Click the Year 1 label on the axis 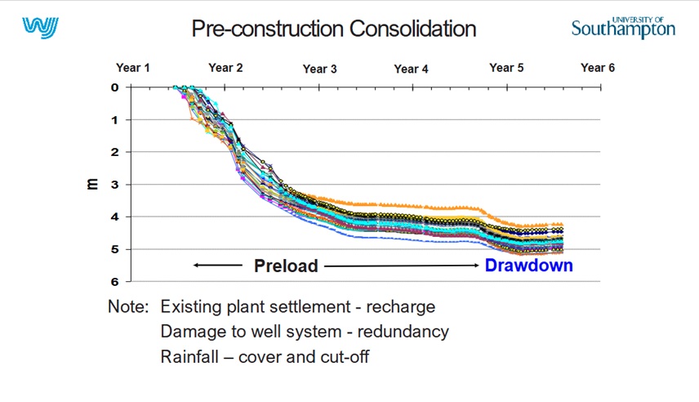(x=133, y=68)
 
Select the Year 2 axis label (x=225, y=68)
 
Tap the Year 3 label (x=319, y=69)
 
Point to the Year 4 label (x=411, y=69)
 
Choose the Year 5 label (x=506, y=68)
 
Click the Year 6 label (x=598, y=68)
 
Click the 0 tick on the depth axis (x=115, y=87)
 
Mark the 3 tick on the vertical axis (x=115, y=185)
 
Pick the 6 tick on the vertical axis (x=115, y=282)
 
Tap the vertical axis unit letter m (x=91, y=184)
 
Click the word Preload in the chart (x=286, y=266)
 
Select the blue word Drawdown (x=528, y=266)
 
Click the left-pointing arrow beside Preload (x=217, y=266)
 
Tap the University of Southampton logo (x=623, y=28)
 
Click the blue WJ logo (x=41, y=28)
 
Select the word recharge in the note (x=400, y=307)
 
